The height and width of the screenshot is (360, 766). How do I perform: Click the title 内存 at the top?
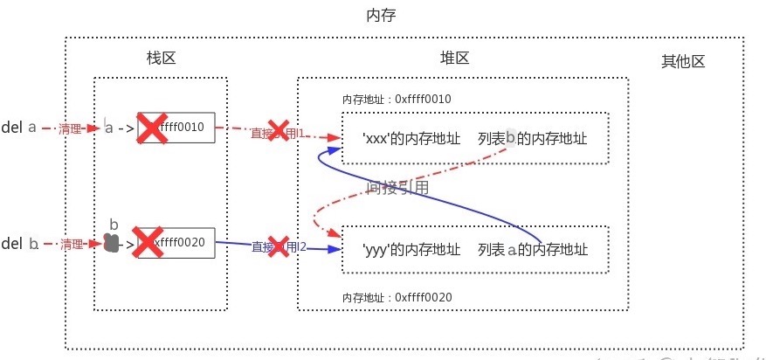[383, 16]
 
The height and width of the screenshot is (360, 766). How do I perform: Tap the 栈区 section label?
[162, 59]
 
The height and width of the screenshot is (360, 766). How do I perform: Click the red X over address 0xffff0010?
[152, 128]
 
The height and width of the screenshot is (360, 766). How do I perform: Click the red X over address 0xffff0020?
[148, 242]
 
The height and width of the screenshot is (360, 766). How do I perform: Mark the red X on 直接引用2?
[279, 246]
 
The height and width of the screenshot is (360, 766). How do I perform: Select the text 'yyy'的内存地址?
[411, 250]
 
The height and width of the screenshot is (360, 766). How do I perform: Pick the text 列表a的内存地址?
[532, 250]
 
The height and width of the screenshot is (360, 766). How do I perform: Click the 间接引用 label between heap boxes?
[397, 187]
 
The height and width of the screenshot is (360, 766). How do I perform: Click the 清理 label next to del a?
[70, 128]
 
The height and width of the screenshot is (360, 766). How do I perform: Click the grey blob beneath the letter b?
[111, 243]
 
